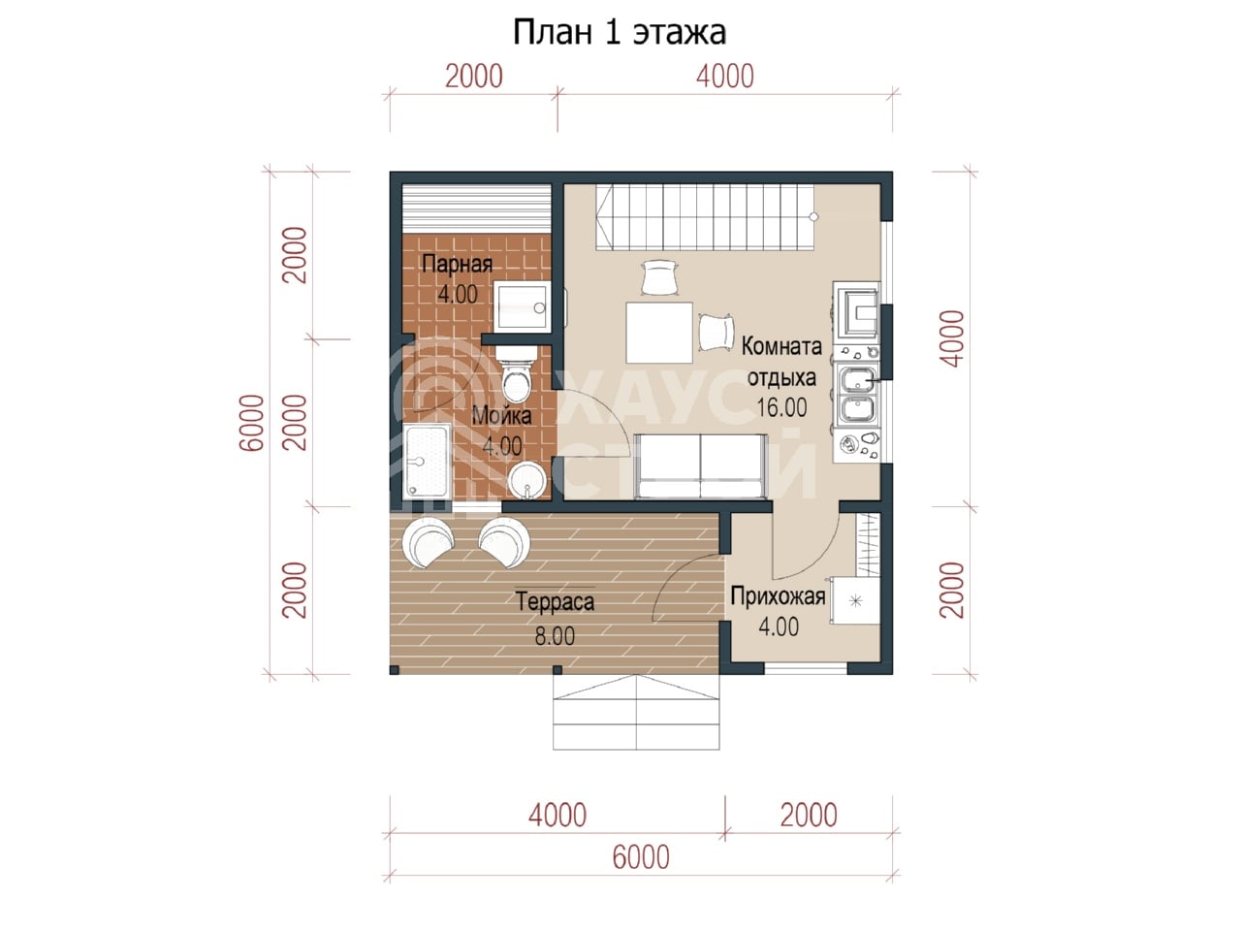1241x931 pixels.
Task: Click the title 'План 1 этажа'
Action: coord(620,32)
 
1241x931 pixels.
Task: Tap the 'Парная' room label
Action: coord(457,264)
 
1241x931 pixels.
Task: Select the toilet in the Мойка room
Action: coord(516,373)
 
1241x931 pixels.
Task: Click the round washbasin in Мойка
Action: coord(526,480)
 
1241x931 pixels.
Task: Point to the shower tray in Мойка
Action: coord(427,462)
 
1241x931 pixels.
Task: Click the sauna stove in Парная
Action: coord(522,307)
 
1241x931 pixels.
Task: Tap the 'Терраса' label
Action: coord(555,601)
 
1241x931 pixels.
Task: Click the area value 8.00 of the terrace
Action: coord(555,636)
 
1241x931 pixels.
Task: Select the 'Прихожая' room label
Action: coord(778,596)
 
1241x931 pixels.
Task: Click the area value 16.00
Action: coord(781,407)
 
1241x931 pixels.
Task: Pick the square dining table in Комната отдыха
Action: coord(659,333)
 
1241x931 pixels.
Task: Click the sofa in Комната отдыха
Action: coord(701,466)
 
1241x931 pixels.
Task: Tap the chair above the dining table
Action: coord(659,277)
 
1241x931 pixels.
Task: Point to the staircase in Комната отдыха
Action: coord(705,217)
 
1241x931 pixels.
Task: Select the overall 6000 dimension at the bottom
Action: coord(641,857)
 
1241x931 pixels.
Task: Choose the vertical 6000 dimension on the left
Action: coord(252,423)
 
